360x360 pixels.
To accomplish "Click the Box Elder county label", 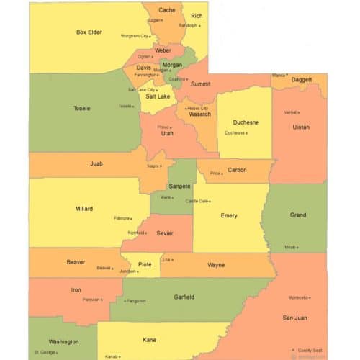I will (89, 32).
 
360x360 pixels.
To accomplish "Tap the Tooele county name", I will (82, 108).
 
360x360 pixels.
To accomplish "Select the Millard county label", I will (84, 209).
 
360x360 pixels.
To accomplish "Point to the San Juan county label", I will (295, 317).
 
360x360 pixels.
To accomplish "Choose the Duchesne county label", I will (246, 122).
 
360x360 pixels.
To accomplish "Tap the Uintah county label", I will (301, 127).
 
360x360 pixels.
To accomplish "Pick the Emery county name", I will (229, 215).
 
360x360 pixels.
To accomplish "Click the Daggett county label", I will (302, 79).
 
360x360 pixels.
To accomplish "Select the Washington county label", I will (63, 341).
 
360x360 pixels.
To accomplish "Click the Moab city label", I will (290, 247).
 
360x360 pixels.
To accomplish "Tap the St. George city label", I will (44, 353).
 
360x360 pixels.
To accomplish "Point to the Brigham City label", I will (134, 35).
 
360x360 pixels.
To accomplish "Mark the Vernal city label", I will (290, 112).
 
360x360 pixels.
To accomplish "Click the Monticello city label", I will (298, 297).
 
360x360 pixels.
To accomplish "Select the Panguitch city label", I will (135, 301).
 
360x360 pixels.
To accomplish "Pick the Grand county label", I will (297, 215).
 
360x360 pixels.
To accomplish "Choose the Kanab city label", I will (111, 356).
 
